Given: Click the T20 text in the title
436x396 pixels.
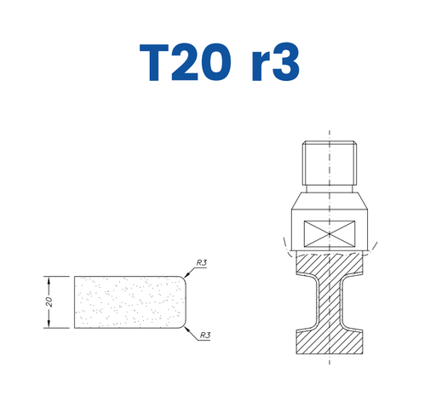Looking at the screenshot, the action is tap(185, 62).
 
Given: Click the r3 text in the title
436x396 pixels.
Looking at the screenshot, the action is tap(275, 62).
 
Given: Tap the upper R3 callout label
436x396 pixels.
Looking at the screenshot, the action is tap(202, 262).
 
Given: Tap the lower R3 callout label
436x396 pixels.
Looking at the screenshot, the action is tap(205, 336).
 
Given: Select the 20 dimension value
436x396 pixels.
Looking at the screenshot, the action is tap(49, 301).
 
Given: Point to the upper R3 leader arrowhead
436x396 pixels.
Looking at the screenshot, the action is tap(186, 275).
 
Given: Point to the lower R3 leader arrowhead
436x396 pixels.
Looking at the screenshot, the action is tap(186, 329).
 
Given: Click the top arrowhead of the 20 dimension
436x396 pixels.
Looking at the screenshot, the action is tap(49, 280).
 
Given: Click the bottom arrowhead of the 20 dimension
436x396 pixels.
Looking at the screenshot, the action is tap(49, 324).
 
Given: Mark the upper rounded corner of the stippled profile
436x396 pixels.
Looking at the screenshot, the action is tap(183, 278).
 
